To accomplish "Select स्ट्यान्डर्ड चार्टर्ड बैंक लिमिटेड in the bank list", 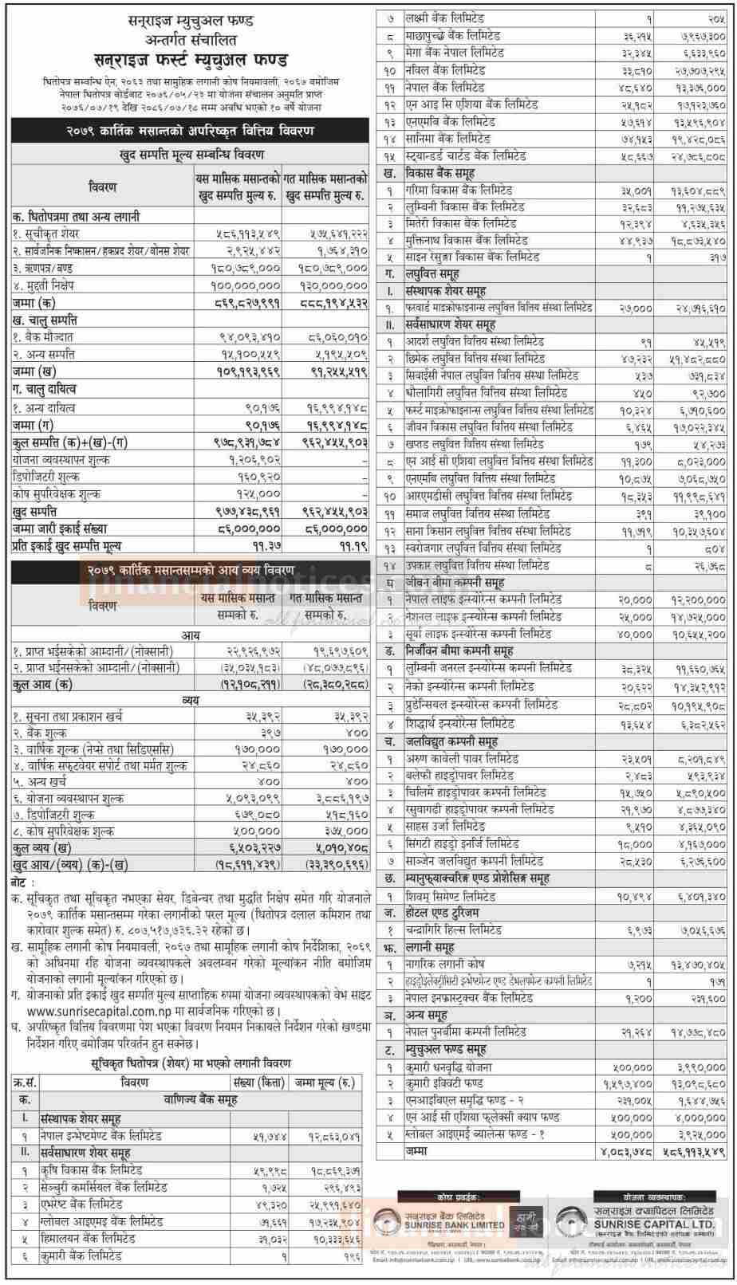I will [x=467, y=156].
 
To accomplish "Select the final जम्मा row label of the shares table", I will [x=420, y=1152].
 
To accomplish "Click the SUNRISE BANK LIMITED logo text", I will [x=463, y=1224].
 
